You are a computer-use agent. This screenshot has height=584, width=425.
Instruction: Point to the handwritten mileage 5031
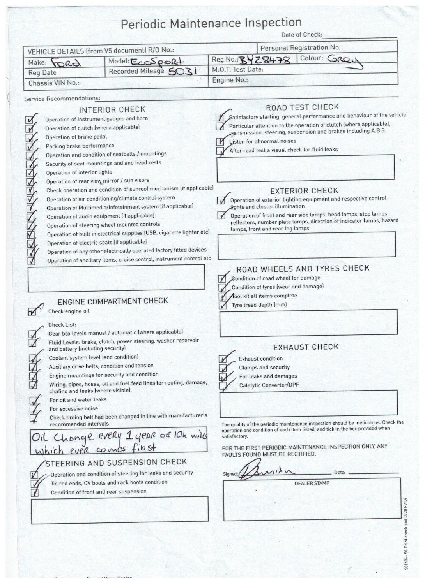183,71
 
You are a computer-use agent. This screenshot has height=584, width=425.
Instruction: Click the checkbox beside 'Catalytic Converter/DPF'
223,386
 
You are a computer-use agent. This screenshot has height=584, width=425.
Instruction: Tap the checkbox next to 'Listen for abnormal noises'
220,142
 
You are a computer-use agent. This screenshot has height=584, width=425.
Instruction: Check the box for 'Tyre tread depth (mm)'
223,305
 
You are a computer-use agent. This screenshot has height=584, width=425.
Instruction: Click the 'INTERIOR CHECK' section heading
112,110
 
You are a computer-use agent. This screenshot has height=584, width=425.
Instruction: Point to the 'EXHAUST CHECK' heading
306,347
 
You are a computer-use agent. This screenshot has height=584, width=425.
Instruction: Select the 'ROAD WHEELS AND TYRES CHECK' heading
303,268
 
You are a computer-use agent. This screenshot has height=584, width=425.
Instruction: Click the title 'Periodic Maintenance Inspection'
211,23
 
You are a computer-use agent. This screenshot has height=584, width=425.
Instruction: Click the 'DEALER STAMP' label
312,483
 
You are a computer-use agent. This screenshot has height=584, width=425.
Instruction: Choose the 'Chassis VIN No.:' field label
54,83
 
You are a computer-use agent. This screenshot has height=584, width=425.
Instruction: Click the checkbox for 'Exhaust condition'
223,359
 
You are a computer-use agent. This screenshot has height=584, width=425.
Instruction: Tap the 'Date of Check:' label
301,35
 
